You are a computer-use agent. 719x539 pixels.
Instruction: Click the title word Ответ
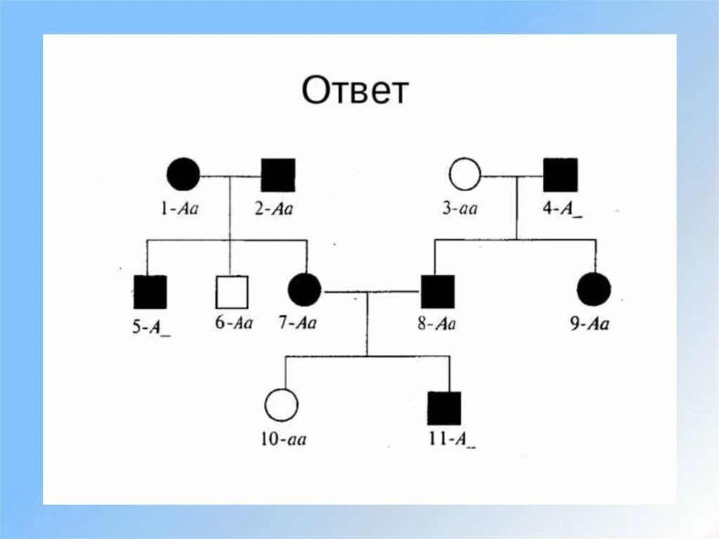tap(355, 91)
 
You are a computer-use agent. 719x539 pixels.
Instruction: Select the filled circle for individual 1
tap(183, 174)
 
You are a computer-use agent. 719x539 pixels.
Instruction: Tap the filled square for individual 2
tap(278, 174)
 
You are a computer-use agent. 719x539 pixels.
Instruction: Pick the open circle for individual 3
tap(465, 174)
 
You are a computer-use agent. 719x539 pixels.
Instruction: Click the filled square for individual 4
tap(560, 174)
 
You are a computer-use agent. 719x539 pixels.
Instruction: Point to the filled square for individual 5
tap(150, 292)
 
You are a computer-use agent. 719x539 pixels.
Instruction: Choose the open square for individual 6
tap(232, 292)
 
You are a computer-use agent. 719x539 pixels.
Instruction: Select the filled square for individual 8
tap(437, 291)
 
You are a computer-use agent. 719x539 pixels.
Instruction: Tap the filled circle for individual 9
tap(594, 290)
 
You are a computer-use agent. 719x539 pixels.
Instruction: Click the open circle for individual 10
tap(281, 405)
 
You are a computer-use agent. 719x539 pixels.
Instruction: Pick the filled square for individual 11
tap(444, 408)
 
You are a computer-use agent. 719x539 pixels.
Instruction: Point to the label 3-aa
tap(460, 208)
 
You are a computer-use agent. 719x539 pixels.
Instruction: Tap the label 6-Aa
tap(232, 323)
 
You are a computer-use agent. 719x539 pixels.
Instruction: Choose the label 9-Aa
tap(590, 323)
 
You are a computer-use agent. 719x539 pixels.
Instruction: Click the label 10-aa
tap(283, 440)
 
